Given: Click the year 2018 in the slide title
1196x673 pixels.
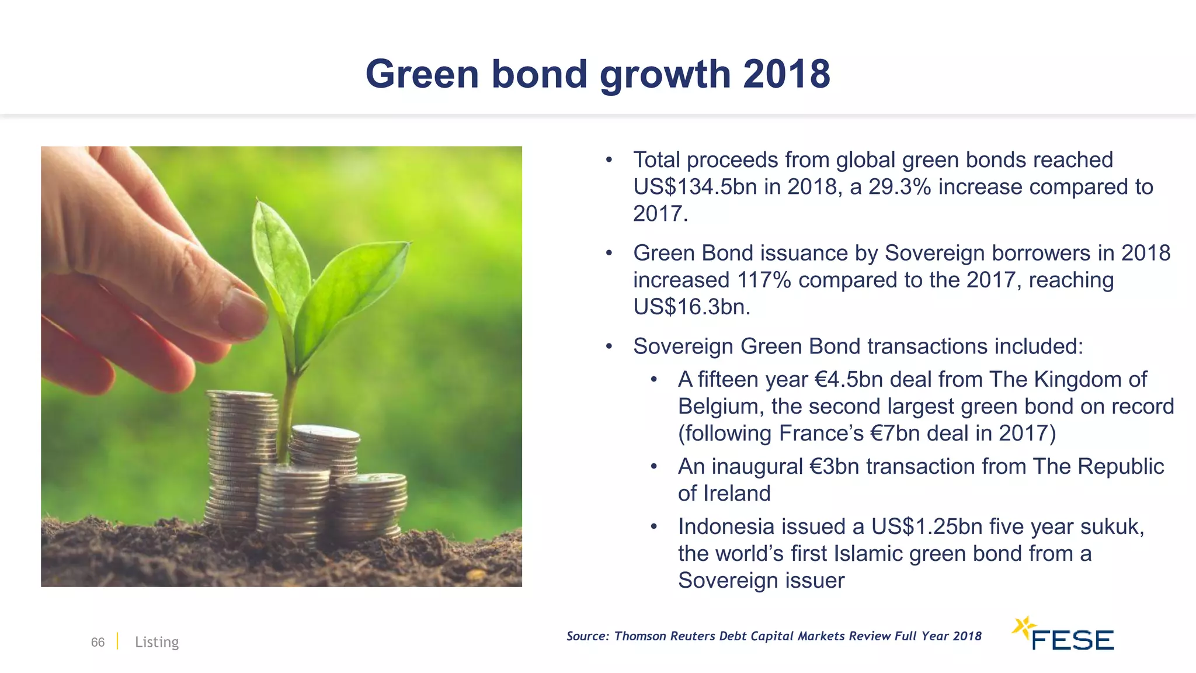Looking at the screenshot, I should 786,74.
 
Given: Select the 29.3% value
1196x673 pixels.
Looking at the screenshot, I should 899,187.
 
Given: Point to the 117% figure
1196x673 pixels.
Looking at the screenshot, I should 763,280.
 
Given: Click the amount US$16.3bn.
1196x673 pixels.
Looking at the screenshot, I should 691,307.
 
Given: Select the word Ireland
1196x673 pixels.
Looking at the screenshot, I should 736,494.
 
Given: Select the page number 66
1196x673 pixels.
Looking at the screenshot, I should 98,642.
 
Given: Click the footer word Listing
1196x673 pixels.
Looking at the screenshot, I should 157,642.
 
